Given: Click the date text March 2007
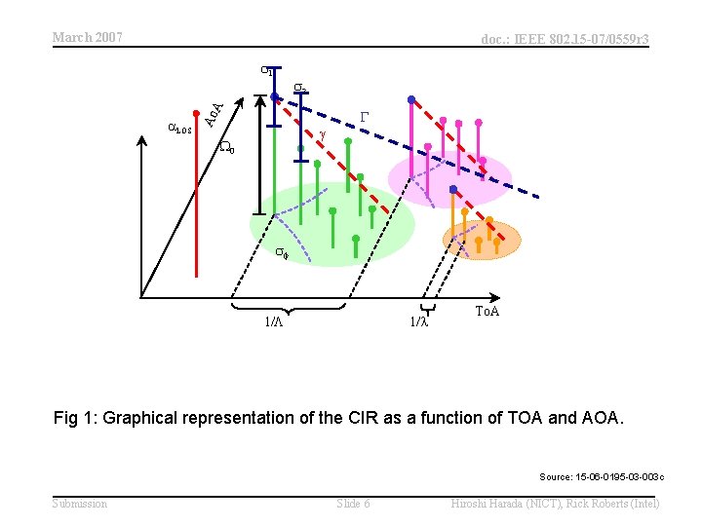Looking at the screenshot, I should click(x=87, y=37).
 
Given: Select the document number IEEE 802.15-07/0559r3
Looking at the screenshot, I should click(x=565, y=39).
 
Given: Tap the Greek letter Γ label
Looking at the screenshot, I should click(x=365, y=116).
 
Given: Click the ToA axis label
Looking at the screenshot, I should click(x=487, y=311).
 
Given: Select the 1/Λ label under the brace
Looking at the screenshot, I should click(x=276, y=321).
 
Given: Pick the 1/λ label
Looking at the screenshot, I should click(x=418, y=321).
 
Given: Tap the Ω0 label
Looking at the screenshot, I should click(x=226, y=147).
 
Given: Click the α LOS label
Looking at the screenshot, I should click(x=181, y=128).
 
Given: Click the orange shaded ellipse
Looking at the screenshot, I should click(x=483, y=239).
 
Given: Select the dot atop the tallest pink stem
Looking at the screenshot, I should click(x=411, y=99).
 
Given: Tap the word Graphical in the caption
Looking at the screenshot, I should click(x=145, y=418).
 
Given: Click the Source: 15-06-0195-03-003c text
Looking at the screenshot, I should click(x=602, y=476).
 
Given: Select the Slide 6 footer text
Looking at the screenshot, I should click(x=353, y=503).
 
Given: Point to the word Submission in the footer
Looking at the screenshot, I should click(x=80, y=503).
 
